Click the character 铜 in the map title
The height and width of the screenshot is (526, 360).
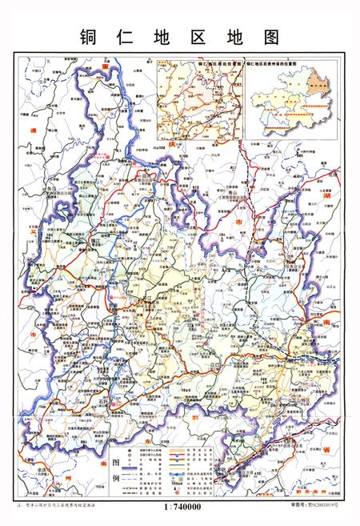coord(88,38)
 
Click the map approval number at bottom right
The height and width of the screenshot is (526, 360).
coord(318,506)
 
